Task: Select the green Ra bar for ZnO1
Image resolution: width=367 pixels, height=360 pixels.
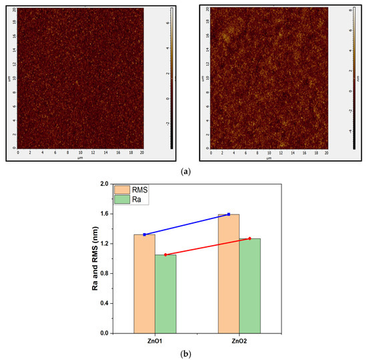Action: (165, 294)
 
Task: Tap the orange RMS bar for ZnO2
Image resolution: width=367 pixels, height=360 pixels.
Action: (229, 274)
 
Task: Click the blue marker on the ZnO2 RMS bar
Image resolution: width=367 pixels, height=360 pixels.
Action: (229, 214)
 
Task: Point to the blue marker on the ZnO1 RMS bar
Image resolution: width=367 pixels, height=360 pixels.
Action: (144, 234)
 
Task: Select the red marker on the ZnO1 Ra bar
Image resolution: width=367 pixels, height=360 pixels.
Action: (165, 254)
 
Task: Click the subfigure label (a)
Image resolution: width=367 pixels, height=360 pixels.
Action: (183, 172)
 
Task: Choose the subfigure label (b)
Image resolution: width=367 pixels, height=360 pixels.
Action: (183, 353)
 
